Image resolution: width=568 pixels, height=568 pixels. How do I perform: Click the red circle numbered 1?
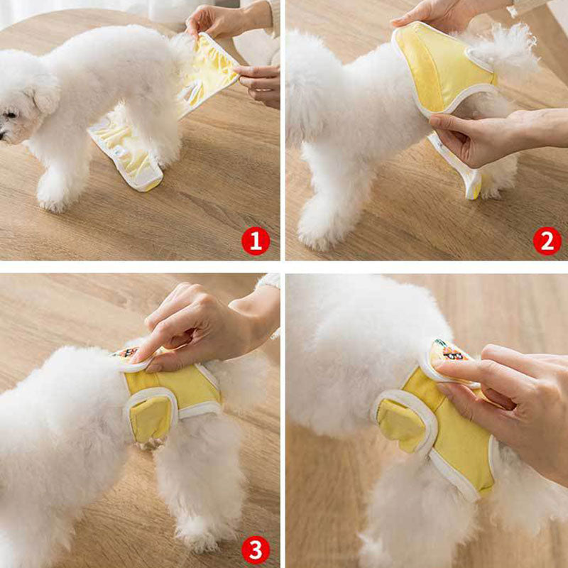point(256,241)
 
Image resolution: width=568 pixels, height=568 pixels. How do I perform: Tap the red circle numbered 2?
point(547,241)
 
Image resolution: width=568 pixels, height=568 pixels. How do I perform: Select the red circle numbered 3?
point(256,550)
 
